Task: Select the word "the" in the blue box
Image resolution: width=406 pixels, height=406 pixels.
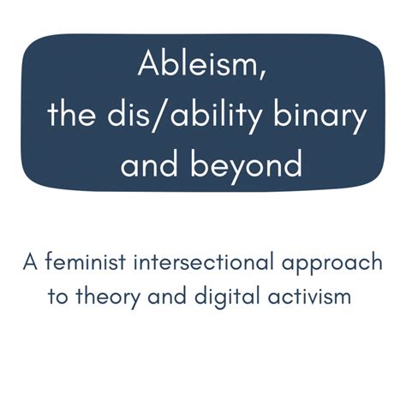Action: click(72, 114)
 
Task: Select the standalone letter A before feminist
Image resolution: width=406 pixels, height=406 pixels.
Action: click(29, 262)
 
